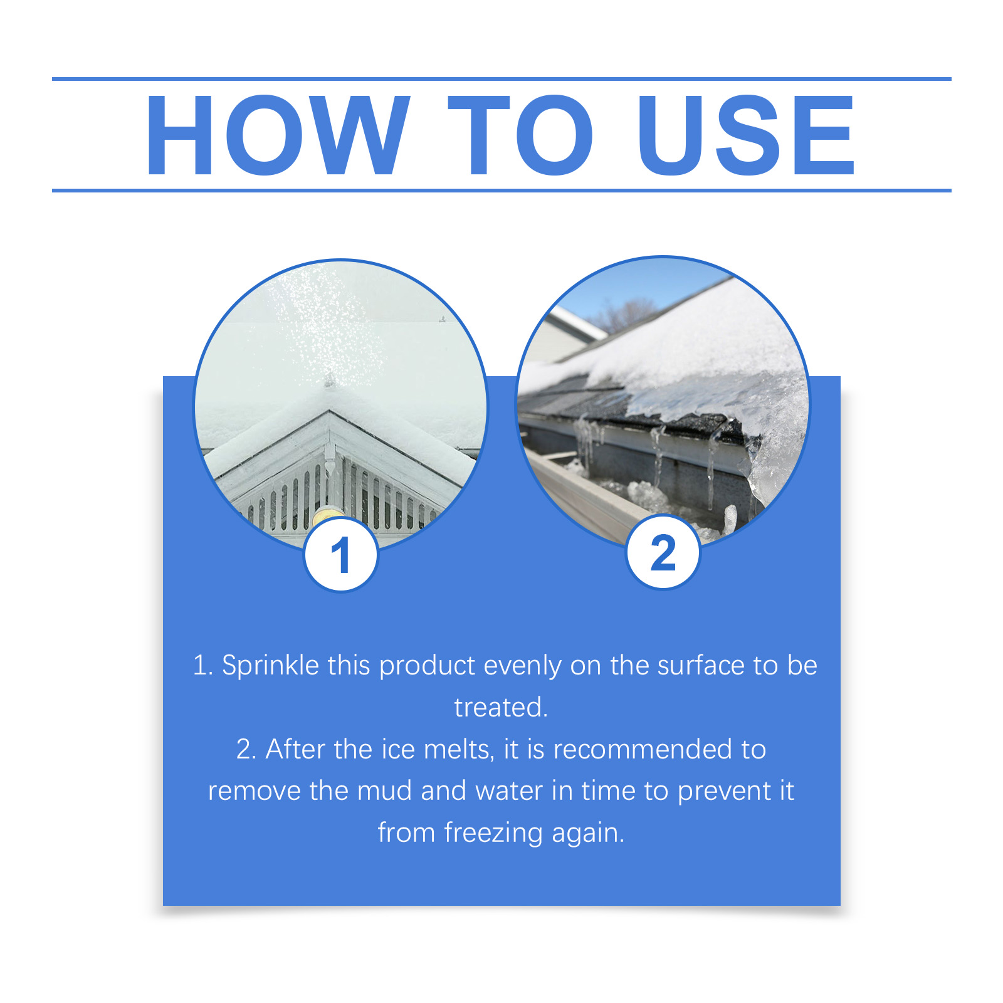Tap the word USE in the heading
click(x=746, y=135)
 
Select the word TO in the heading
click(x=520, y=135)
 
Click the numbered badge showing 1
click(x=341, y=555)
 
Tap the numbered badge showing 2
click(x=663, y=552)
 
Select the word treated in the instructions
click(x=499, y=708)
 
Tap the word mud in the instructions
click(x=384, y=791)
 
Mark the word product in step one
click(x=428, y=666)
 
